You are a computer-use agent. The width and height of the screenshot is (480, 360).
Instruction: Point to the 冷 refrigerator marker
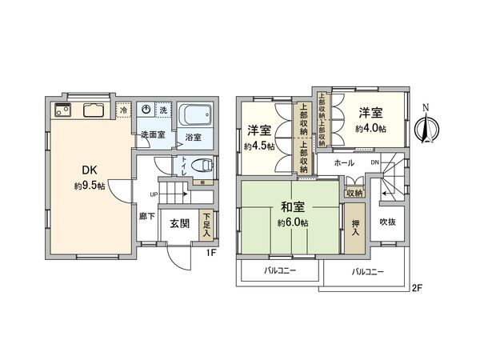pyautogui.click(x=124, y=108)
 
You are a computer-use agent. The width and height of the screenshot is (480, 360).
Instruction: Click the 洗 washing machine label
pyautogui.click(x=162, y=110)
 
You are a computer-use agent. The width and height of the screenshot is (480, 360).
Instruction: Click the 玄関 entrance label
pyautogui.click(x=179, y=224)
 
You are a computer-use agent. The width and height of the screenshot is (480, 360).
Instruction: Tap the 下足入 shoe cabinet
pyautogui.click(x=206, y=223)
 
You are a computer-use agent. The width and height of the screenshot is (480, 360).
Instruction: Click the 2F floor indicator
pyautogui.click(x=418, y=286)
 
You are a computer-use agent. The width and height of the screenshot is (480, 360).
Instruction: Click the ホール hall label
pyautogui.click(x=344, y=162)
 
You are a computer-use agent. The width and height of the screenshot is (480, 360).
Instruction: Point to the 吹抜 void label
pyautogui.click(x=388, y=222)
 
